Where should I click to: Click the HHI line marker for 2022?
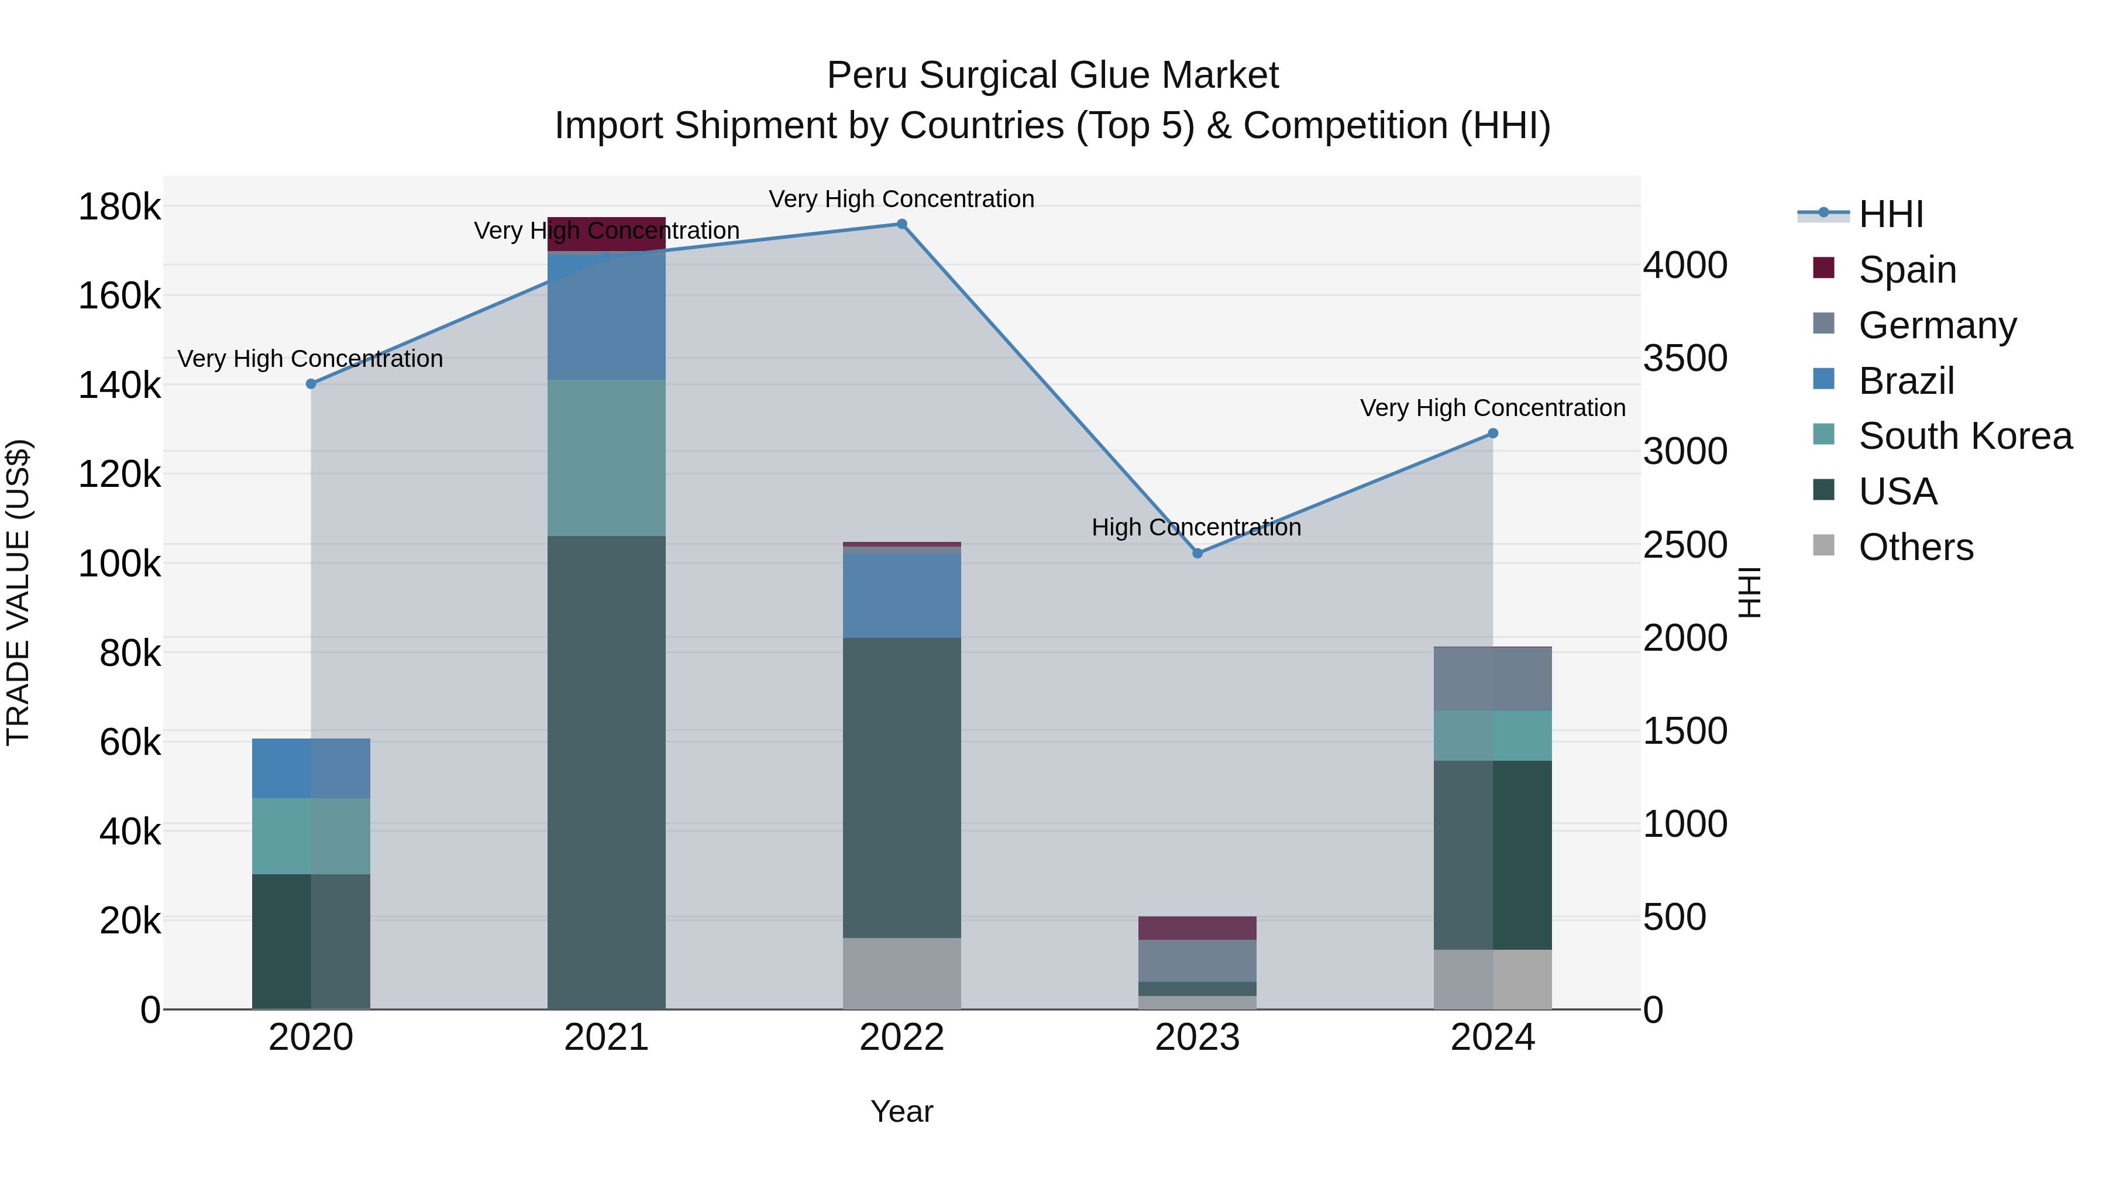901,224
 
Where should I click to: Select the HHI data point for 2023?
1197,554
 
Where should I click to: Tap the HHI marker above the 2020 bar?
311,383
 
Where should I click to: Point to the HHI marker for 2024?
1493,434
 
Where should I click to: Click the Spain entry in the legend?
1907,270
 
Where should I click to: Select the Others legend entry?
1915,547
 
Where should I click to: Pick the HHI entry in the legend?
1890,214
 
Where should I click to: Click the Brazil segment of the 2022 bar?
901,595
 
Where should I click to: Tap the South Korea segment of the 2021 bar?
607,458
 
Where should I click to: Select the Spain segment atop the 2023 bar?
1197,928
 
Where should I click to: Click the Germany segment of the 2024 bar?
1493,679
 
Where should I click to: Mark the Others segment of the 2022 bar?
901,973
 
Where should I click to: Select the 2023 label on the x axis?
1197,1038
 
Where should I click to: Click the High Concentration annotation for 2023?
1196,527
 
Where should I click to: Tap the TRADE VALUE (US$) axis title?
19,592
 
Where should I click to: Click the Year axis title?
901,1111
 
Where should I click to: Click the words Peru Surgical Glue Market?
1052,75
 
